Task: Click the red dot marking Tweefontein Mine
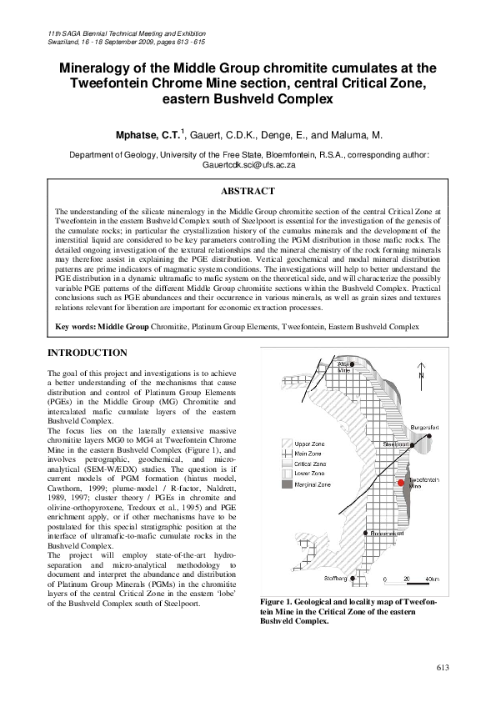pyautogui.click(x=401, y=483)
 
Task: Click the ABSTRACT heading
pyautogui.click(x=248, y=191)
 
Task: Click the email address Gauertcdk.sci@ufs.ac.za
pyautogui.click(x=248, y=165)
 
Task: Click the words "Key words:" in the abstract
pyautogui.click(x=76, y=326)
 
